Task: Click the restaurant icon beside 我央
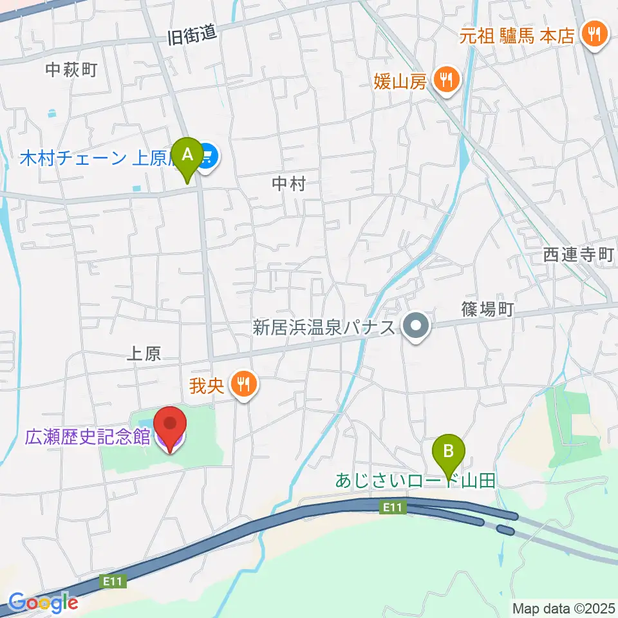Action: pyautogui.click(x=243, y=386)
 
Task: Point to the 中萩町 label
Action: pyautogui.click(x=71, y=69)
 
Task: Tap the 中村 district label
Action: pyautogui.click(x=287, y=184)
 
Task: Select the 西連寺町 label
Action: pyautogui.click(x=578, y=255)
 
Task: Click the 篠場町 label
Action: pyautogui.click(x=487, y=310)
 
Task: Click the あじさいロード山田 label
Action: pyautogui.click(x=416, y=480)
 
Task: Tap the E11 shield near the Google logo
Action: pyautogui.click(x=113, y=581)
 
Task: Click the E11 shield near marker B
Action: pyautogui.click(x=393, y=508)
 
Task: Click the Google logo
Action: pyautogui.click(x=43, y=603)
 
